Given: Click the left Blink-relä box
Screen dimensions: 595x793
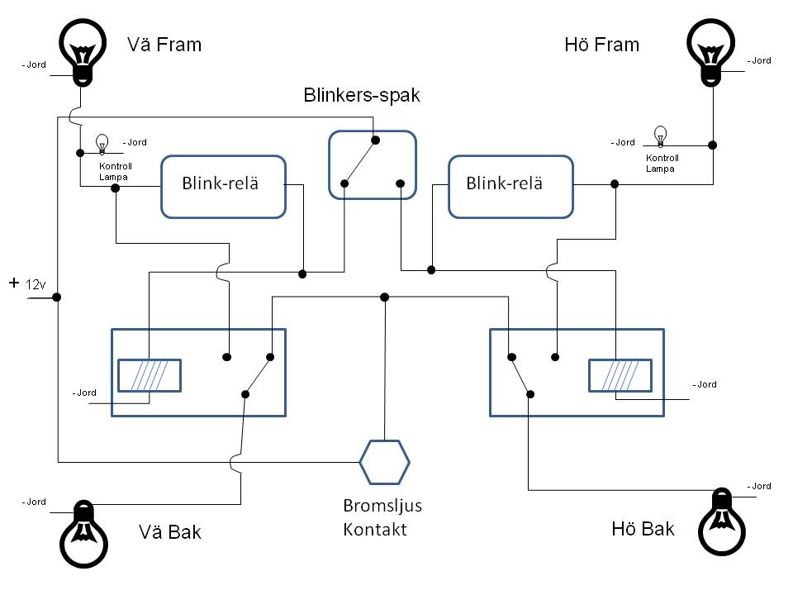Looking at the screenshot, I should point(223,186).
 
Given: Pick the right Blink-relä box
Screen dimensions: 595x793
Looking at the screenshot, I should point(510,186).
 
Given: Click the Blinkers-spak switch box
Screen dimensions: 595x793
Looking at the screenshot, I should point(372,164).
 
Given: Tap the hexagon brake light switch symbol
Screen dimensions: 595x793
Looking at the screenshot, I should point(385,462).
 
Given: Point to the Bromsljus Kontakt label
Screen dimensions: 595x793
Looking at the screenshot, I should point(376,517).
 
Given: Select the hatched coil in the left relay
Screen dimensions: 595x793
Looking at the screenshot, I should point(150,375).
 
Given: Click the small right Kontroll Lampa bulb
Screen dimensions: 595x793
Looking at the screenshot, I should point(660,136).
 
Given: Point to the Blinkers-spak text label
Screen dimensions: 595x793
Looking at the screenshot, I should point(361,95).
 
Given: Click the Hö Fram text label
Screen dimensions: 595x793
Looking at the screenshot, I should point(601,45).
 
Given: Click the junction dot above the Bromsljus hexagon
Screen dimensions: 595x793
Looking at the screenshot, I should point(385,296).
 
